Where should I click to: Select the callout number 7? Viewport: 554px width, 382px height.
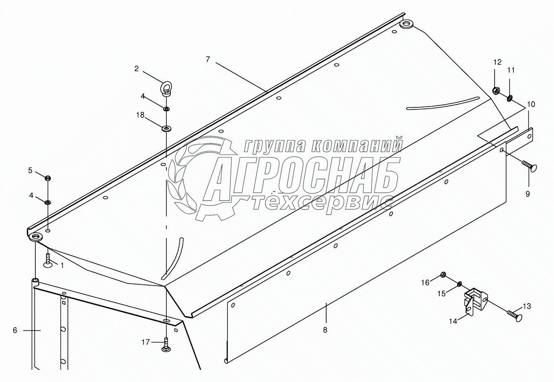pos(207,59)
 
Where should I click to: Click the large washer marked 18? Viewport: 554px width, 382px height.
pos(166,129)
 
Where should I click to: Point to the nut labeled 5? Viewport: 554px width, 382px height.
pos(48,178)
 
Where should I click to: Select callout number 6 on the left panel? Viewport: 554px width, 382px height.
pos(15,330)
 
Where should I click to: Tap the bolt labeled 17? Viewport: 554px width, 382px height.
pos(166,345)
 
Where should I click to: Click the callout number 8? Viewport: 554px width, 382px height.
pos(325,330)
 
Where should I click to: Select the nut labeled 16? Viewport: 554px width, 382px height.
pos(443,276)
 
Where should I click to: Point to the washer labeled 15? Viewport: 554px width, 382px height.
pos(459,284)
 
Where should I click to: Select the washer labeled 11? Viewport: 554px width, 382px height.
pos(510,98)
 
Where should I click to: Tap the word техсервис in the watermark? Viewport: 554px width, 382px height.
pos(321,202)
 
